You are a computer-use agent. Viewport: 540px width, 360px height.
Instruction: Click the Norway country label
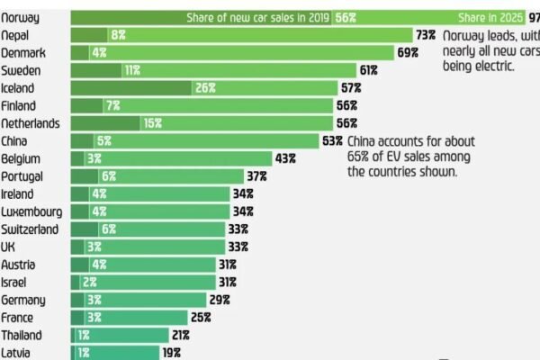point(20,17)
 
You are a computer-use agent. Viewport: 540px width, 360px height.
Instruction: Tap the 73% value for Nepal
point(426,34)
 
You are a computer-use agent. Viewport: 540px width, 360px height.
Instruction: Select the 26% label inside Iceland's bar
point(204,88)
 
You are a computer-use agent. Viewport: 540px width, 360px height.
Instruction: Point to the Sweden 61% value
point(369,70)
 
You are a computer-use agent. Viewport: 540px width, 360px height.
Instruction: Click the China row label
point(15,140)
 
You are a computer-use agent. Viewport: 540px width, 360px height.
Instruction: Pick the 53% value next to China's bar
point(332,140)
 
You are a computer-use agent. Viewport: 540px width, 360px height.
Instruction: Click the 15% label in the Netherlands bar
point(151,123)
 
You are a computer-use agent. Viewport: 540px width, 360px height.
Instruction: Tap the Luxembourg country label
point(31,211)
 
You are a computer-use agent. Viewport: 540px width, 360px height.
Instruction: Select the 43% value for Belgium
point(285,158)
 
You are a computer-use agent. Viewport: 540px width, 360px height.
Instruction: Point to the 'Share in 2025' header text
point(490,17)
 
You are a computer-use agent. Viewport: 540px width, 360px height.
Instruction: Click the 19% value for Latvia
point(171,353)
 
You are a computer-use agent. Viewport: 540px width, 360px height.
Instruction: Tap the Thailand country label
point(22,334)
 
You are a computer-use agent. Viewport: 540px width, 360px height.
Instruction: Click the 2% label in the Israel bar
point(89,282)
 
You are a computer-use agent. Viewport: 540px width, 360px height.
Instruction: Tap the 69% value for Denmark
point(408,53)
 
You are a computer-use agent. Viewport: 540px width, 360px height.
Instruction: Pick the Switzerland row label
point(30,229)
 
